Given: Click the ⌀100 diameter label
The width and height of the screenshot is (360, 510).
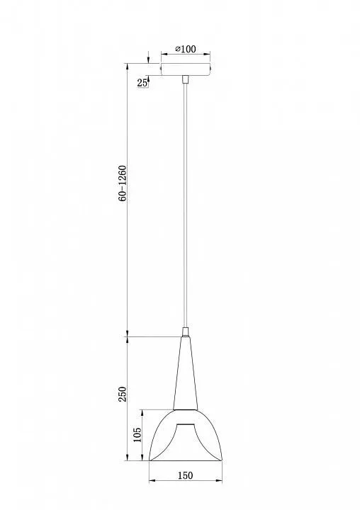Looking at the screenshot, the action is (x=186, y=49).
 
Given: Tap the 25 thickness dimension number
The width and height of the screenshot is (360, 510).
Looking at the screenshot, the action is (x=142, y=83).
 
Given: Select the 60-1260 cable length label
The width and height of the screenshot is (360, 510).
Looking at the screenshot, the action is (x=123, y=183).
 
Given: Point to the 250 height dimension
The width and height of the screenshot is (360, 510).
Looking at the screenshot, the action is (x=122, y=394).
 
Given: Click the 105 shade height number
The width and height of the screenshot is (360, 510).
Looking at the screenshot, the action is (x=137, y=434).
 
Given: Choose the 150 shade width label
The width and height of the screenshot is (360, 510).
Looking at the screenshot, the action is (x=185, y=475).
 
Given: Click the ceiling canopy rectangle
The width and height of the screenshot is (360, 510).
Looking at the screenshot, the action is (x=186, y=69).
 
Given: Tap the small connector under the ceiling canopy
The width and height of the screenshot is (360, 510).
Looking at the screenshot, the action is (x=186, y=79).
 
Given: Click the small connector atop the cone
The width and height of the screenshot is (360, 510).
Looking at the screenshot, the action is (x=186, y=331).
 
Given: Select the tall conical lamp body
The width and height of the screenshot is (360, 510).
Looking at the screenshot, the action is (x=186, y=373).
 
